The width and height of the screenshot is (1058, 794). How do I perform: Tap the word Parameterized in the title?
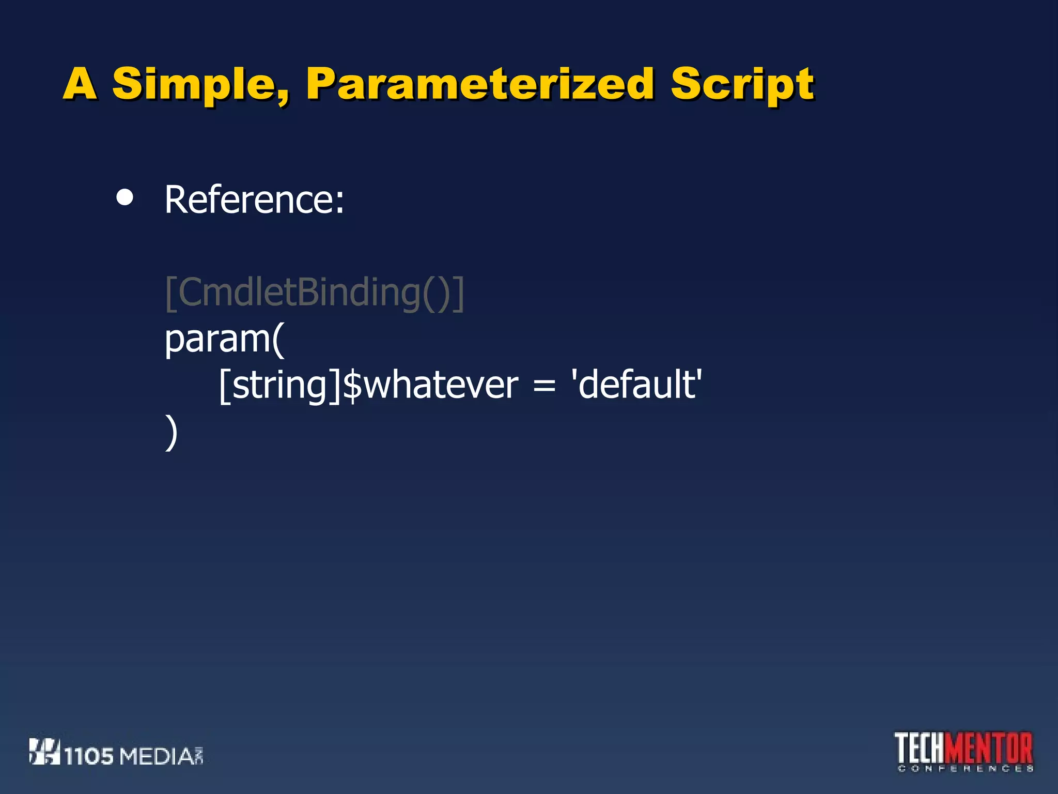[480, 84]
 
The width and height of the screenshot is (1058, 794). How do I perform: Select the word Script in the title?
[742, 85]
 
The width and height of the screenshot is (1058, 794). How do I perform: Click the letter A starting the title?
[80, 84]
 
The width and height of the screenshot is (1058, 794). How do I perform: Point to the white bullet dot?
[125, 197]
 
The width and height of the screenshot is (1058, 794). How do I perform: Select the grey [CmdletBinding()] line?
[314, 293]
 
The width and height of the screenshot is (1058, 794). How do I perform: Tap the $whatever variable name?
[430, 386]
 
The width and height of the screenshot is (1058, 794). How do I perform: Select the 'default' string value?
[636, 385]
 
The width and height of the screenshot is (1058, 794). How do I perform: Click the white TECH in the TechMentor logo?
[921, 748]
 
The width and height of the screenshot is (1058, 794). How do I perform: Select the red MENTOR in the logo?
[991, 748]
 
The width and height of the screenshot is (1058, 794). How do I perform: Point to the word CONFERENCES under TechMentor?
[965, 769]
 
